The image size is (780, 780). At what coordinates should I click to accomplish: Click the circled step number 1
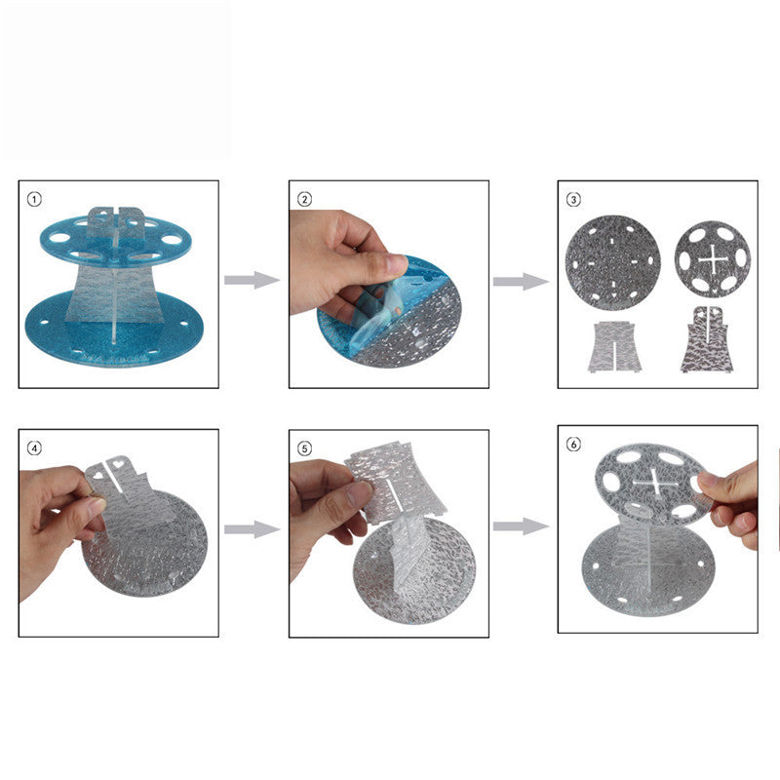pos(34,200)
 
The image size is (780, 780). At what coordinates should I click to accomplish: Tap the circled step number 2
pos(304,200)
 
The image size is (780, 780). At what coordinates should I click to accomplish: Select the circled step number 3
pos(573,200)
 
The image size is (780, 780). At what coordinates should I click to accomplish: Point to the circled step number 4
pos(34,448)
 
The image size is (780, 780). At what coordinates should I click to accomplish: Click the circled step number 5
pos(304,448)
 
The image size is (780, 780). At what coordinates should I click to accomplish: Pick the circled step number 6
pos(573,444)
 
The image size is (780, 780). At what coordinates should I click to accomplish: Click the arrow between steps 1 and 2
pos(253,280)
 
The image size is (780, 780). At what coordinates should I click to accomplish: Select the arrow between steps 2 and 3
pos(521,282)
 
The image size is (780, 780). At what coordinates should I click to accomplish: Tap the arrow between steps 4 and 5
pos(253,529)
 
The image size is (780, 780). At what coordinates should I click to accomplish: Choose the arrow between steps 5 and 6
pos(521,526)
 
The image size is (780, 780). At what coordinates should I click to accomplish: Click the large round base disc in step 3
pos(613,263)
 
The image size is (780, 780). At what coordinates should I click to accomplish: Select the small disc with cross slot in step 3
pos(713,259)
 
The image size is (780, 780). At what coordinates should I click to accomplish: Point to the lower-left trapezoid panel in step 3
pos(611,347)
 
